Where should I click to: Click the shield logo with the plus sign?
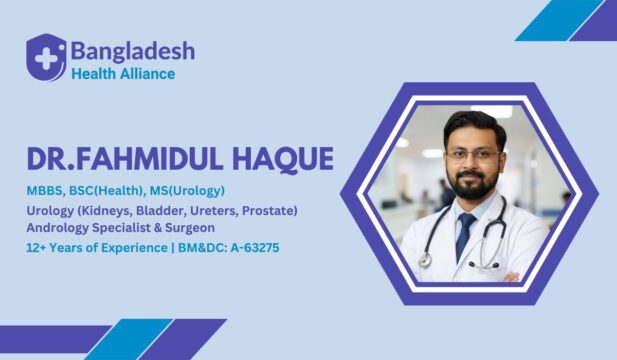pyautogui.click(x=46, y=56)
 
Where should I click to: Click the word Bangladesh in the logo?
pyautogui.click(x=132, y=50)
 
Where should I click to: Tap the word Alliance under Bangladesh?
pyautogui.click(x=147, y=73)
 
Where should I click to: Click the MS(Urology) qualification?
pyautogui.click(x=188, y=190)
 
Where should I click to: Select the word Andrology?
pyautogui.click(x=60, y=227)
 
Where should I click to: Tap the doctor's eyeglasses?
pyautogui.click(x=472, y=155)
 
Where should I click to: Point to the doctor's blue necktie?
pyautogui.click(x=465, y=235)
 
